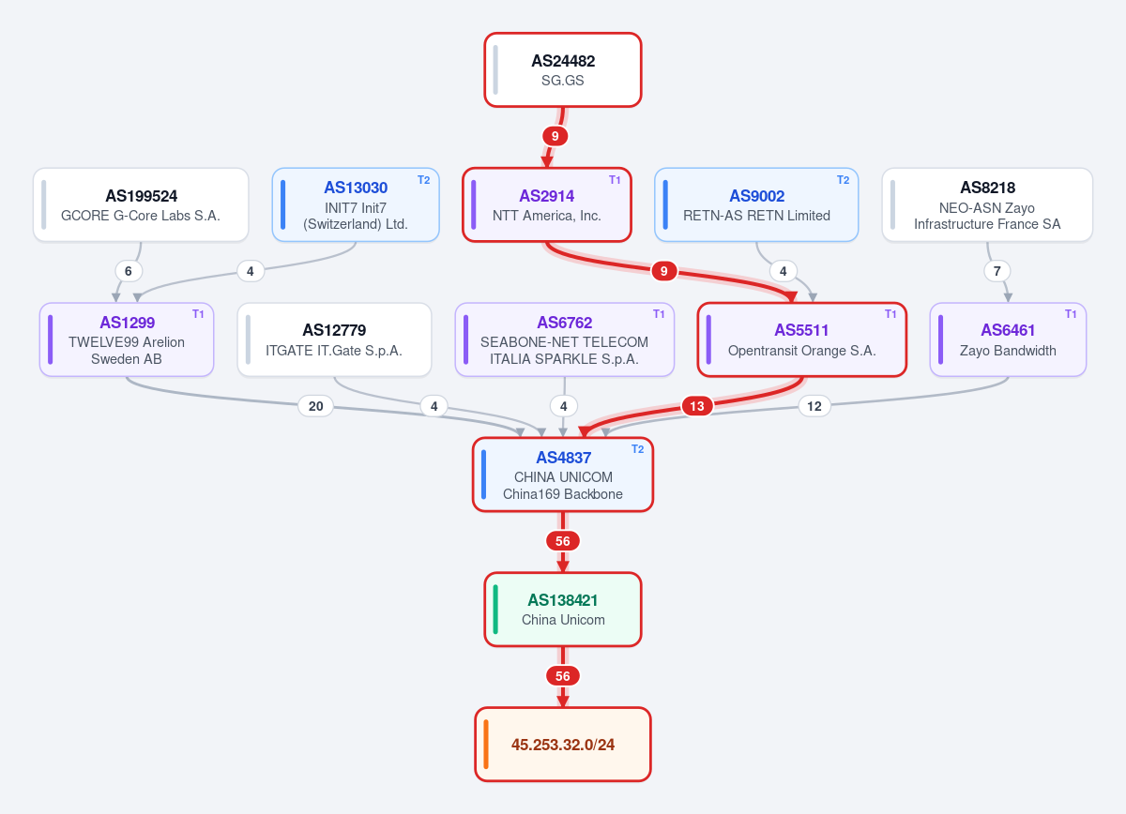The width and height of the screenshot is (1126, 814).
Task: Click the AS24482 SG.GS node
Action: coord(562,69)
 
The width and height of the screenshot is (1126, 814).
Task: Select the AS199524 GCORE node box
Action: coord(141,205)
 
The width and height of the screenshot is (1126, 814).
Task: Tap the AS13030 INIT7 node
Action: coord(356,205)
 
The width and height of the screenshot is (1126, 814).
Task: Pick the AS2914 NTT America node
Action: coord(547,205)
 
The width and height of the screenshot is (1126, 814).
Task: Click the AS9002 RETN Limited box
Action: coord(756,205)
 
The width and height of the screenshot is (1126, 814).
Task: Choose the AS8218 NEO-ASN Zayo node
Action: coord(987,205)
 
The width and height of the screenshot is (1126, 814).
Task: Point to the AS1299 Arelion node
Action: coord(127,339)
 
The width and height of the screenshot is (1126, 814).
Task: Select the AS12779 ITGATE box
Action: coord(334,339)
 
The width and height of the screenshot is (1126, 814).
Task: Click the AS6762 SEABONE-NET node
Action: coord(565,339)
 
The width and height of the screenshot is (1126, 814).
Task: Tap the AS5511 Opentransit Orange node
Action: coord(801,339)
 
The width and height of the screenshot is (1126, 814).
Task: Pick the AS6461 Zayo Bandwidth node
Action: coord(1008,339)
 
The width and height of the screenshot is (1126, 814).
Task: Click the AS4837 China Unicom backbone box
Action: coord(563,475)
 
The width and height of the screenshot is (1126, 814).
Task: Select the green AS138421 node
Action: coord(563,610)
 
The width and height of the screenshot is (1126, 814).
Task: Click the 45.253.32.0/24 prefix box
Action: coord(563,745)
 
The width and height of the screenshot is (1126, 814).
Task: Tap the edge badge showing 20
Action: coord(315,406)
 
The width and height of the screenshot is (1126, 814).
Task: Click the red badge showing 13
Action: coord(697,406)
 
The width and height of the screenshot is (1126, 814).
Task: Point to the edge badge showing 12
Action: coord(814,406)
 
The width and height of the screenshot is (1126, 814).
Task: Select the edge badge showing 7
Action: coord(997,271)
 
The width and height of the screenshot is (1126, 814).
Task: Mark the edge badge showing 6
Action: coord(129,271)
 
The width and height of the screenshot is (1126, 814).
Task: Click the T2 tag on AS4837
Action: coord(637,449)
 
